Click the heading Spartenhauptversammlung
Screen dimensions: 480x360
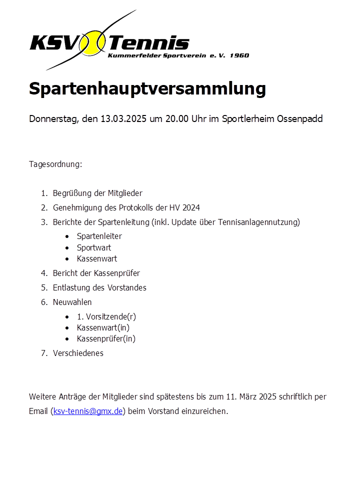147,88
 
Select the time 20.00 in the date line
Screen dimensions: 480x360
178,119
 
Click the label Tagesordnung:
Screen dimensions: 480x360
55,164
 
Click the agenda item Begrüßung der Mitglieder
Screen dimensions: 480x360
97,193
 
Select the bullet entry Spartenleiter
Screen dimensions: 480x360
99,236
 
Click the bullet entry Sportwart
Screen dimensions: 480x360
94,247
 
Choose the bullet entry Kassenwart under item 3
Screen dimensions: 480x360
97,258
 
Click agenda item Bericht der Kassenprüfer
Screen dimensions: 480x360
96,273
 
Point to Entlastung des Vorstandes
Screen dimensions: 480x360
99,287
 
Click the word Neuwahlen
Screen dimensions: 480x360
72,302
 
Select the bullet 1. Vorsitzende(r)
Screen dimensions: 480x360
106,316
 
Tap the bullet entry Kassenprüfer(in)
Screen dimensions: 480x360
106,338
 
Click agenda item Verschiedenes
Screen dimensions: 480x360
78,353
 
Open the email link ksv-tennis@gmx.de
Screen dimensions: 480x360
88,411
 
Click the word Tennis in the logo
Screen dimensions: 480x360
149,42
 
